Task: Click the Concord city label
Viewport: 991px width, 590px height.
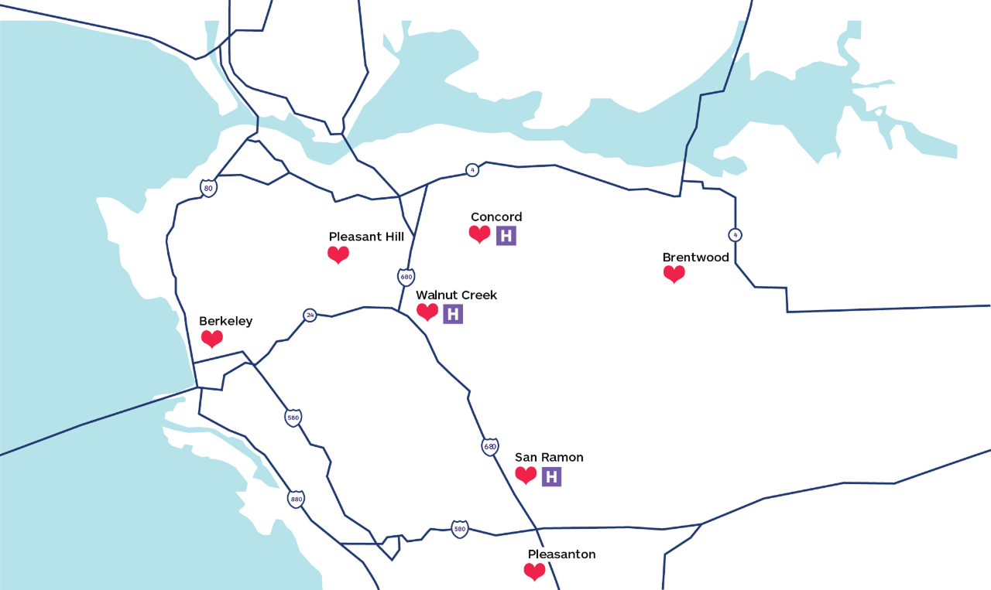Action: coord(496,217)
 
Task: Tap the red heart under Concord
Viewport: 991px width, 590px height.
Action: coord(480,234)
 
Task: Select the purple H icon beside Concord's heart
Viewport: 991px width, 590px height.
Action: coord(506,236)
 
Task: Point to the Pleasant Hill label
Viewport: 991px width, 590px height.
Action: coord(366,237)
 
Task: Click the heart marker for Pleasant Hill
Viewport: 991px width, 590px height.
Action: coord(338,254)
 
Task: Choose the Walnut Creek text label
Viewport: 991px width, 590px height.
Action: coord(456,295)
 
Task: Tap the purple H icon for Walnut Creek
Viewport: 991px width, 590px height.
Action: coord(453,313)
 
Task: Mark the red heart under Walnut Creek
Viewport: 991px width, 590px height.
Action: coord(427,312)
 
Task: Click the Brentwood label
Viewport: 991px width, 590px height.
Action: coord(695,257)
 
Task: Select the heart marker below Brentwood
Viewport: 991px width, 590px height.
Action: coord(674,274)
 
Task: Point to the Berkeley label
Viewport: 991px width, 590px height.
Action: coord(225,322)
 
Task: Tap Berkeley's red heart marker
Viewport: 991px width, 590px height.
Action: coord(212,339)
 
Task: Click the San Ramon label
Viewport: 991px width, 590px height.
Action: coord(549,458)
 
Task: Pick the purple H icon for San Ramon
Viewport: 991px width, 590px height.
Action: coord(551,476)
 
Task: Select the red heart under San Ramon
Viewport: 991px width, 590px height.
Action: coord(526,476)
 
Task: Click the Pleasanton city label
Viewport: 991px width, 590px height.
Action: coord(561,554)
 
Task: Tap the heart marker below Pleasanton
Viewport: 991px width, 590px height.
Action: coord(534,572)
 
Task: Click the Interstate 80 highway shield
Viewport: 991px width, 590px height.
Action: coord(208,188)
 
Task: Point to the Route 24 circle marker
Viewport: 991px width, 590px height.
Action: coord(310,315)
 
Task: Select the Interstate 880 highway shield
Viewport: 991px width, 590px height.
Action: coord(296,499)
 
